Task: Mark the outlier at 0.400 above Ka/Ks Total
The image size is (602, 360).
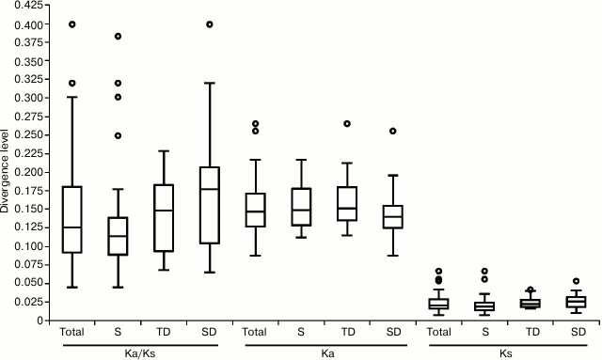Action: coord(71,24)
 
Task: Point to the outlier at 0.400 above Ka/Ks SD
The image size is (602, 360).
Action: coord(209,24)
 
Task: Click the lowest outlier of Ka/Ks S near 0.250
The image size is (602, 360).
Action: coord(118,135)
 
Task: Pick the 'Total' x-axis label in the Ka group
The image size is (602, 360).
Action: coord(255,332)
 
